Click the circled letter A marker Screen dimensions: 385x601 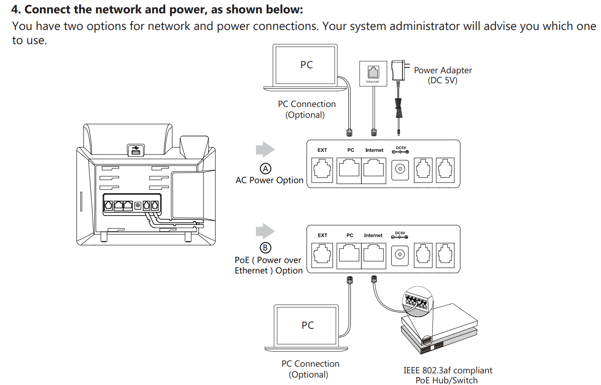266,169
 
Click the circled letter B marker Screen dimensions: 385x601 266,248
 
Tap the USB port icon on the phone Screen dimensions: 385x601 136,150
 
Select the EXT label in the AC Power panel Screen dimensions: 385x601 322,150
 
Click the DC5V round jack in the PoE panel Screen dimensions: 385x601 400,254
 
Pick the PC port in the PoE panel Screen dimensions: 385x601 349,254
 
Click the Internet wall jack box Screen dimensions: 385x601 373,73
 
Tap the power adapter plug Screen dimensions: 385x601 398,71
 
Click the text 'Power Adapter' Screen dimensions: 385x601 443,70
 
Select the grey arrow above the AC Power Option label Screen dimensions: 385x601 265,149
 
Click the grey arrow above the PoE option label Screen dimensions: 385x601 265,231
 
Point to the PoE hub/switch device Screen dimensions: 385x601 439,329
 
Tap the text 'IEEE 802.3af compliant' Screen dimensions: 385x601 447,370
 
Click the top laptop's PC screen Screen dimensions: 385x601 306,65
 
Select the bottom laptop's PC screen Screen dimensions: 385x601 307,325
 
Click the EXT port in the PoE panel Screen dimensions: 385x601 322,254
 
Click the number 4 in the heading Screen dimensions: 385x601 15,10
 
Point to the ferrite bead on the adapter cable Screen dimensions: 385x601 399,108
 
